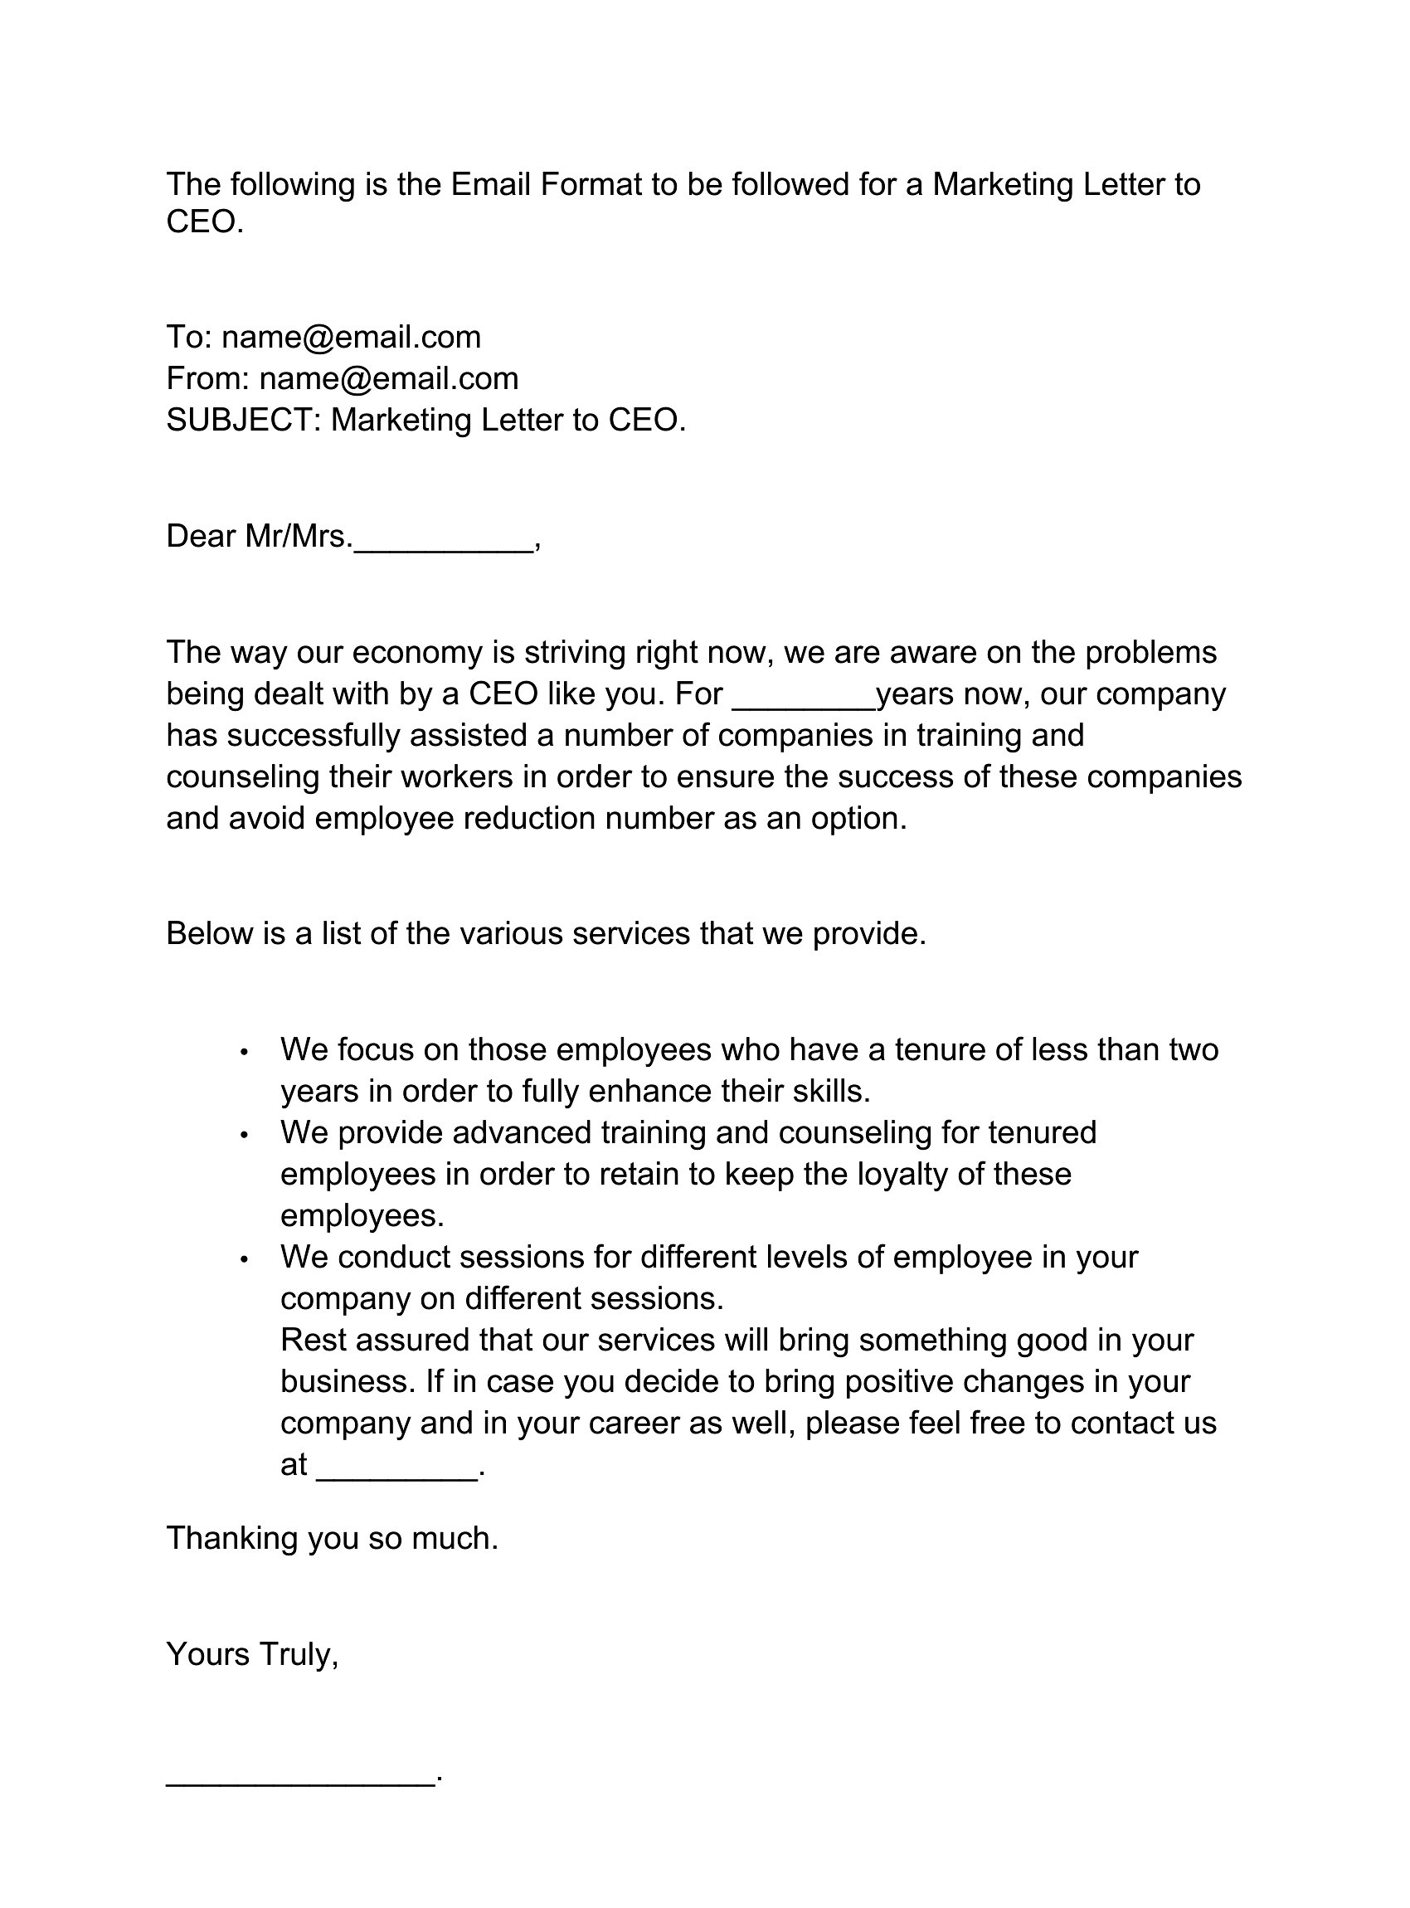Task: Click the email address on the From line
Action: coord(388,379)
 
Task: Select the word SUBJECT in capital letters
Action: coord(239,420)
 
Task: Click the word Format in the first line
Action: coord(591,184)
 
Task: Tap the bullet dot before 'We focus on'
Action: coord(245,1053)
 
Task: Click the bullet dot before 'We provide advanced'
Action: coord(245,1136)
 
